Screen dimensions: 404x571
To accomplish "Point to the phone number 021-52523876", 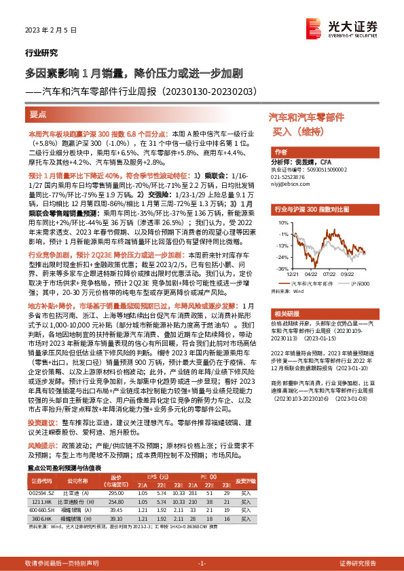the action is click(x=291, y=176).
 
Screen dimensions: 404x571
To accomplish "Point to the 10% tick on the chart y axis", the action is click(x=276, y=222).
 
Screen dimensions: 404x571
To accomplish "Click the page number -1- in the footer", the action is click(x=202, y=564).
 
